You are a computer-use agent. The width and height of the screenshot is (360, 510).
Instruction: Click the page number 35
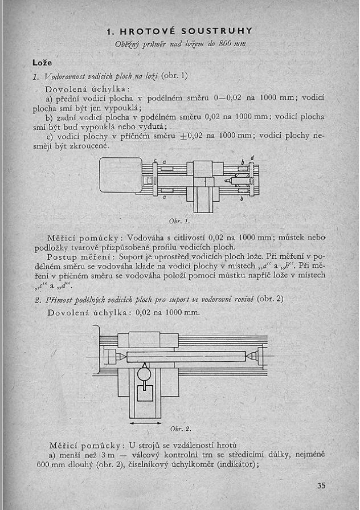[321, 485]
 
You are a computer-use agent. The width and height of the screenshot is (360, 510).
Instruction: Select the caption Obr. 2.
[181, 428]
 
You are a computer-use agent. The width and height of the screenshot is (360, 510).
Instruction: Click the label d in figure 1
[252, 157]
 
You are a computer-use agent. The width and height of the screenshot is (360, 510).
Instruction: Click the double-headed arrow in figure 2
[146, 423]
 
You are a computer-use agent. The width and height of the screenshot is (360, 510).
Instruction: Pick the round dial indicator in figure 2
[146, 374]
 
